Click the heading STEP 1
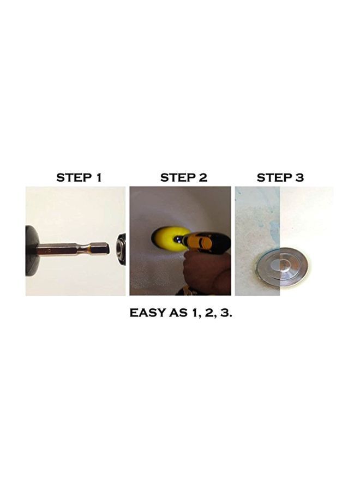[x=79, y=177]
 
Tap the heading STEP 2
[x=184, y=177]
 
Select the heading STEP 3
[x=280, y=177]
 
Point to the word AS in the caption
[x=179, y=313]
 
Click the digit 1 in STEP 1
[x=98, y=177]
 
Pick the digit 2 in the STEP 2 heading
[x=203, y=177]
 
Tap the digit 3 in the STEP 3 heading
[x=299, y=177]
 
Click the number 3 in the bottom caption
[x=227, y=313]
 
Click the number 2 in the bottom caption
[x=213, y=313]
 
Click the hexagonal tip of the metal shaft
[x=102, y=249]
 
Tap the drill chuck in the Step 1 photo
[x=121, y=249]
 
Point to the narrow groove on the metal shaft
[x=86, y=249]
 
